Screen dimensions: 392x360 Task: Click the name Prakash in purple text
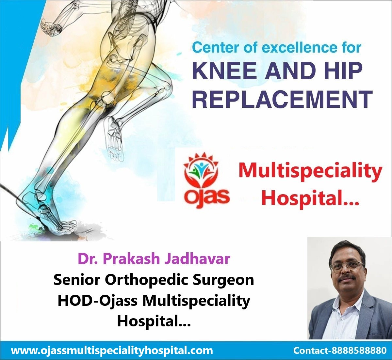(x=131, y=259)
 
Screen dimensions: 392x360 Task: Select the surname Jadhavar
(x=197, y=259)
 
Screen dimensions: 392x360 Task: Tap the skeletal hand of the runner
(x=50, y=28)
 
